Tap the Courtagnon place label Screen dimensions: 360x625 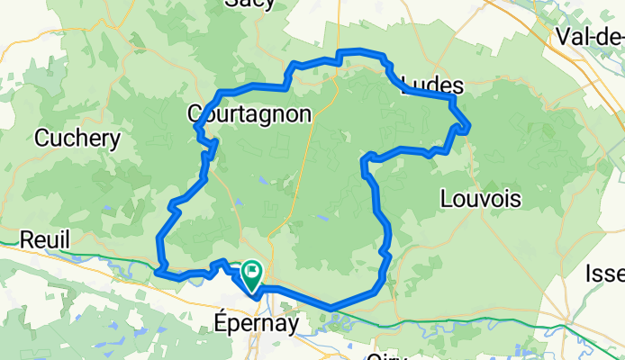(x=249, y=113)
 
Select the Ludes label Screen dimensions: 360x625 (x=431, y=86)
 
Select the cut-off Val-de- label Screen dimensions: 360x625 (x=590, y=37)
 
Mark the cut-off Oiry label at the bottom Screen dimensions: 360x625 (x=388, y=355)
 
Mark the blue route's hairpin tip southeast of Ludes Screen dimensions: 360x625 (x=468, y=127)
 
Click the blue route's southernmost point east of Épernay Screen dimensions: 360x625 (x=332, y=308)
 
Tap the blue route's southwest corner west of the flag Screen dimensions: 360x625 (x=159, y=269)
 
